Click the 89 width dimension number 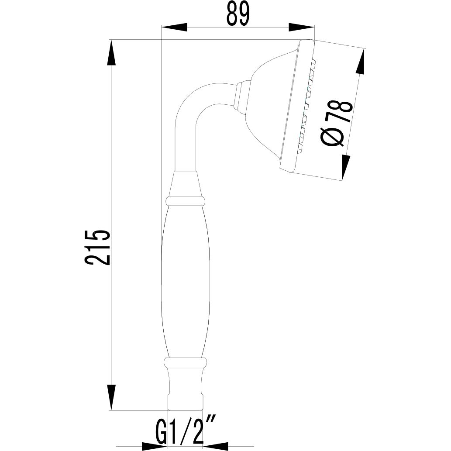238,14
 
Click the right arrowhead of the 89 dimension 302,28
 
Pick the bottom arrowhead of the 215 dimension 112,396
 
